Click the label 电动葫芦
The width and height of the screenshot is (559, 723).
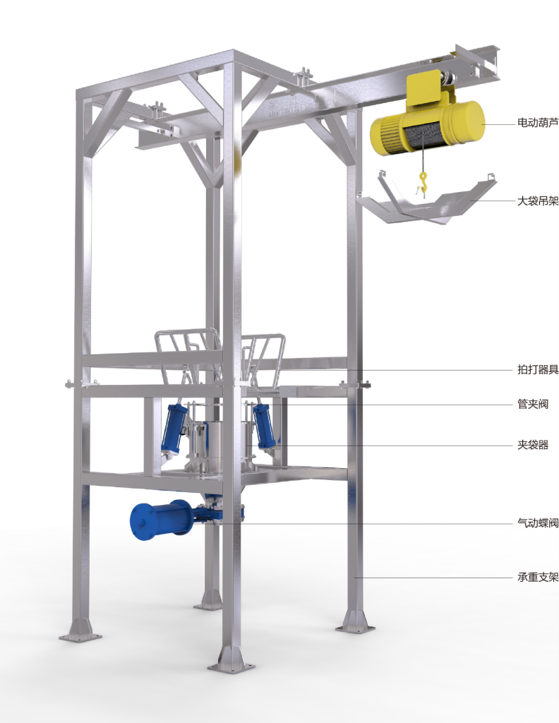[537, 123]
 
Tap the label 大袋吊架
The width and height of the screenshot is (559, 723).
[537, 201]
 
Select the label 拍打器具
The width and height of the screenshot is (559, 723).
[537, 369]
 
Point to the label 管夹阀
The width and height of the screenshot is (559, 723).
[533, 405]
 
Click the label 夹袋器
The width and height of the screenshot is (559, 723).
[533, 445]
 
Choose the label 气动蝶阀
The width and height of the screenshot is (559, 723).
[537, 523]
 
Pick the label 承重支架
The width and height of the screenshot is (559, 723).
[537, 577]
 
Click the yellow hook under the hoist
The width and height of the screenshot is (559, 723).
[422, 181]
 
